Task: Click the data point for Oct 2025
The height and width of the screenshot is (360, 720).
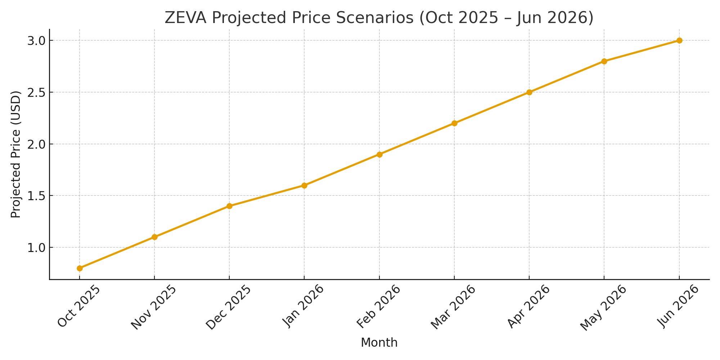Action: [x=80, y=268]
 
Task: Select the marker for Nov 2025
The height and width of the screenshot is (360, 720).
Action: [x=154, y=237]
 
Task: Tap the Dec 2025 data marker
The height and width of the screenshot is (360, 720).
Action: [x=229, y=206]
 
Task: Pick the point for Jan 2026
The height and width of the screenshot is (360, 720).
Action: [x=304, y=185]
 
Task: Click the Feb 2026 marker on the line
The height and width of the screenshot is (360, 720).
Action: [x=379, y=154]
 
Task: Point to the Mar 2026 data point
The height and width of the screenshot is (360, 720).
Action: [x=454, y=123]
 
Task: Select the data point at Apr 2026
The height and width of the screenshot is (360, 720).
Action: [x=529, y=92]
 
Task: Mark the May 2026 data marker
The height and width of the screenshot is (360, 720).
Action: [x=604, y=61]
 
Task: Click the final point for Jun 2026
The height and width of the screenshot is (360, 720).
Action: [x=679, y=40]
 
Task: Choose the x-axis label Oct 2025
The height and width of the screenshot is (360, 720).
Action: [x=78, y=306]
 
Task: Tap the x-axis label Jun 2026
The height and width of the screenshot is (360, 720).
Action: [x=678, y=306]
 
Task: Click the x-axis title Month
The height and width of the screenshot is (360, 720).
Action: [x=379, y=343]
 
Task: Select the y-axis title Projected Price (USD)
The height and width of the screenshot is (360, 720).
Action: [x=16, y=154]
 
